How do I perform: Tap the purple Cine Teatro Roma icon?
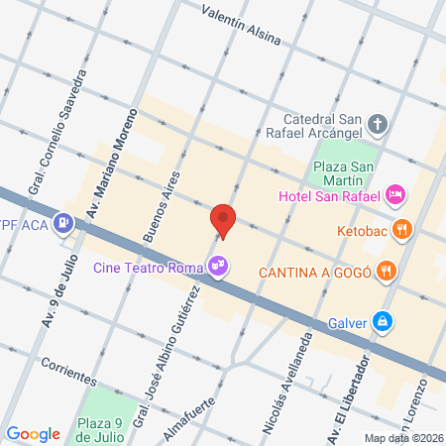[217, 265]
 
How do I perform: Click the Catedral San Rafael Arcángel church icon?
[378, 126]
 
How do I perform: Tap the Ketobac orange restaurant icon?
[401, 230]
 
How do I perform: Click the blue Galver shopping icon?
[382, 321]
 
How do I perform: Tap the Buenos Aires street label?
[164, 205]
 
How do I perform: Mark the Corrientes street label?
[69, 371]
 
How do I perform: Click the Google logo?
[33, 433]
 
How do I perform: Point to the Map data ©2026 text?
[401, 438]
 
